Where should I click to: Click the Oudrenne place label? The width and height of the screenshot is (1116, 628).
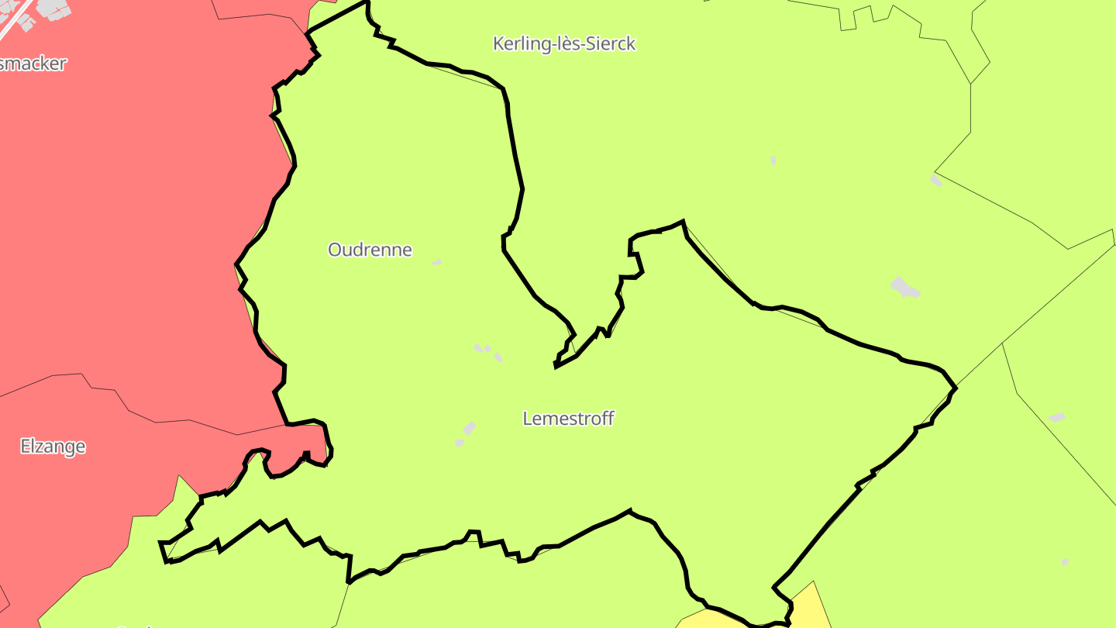point(370,250)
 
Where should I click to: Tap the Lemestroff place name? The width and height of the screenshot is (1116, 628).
point(568,419)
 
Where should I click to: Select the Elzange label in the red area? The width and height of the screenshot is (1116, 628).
point(53,447)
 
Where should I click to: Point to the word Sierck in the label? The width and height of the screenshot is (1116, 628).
point(611,44)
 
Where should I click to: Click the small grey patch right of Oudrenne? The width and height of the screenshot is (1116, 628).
point(436,262)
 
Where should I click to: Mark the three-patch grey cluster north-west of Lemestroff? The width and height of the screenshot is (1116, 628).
point(487,351)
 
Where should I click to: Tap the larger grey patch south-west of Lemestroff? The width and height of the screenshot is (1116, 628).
point(468,428)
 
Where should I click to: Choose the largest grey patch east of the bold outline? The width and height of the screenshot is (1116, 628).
point(904,288)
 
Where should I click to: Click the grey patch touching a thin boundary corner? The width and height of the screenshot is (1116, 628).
point(936,180)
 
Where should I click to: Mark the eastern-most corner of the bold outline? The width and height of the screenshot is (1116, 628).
point(956,387)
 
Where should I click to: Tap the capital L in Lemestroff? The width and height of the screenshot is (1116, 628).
point(528,419)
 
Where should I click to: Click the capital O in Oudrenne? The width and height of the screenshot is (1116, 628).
point(335,250)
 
